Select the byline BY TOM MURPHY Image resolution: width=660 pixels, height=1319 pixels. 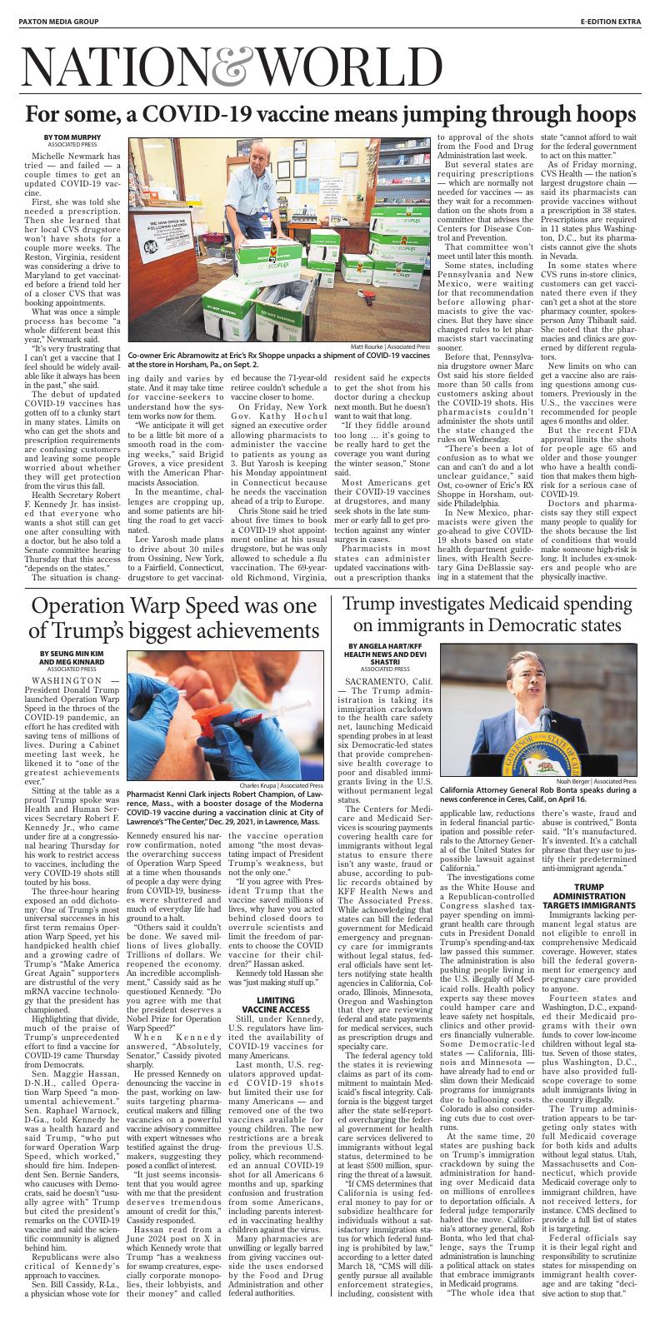pos(72,137)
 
